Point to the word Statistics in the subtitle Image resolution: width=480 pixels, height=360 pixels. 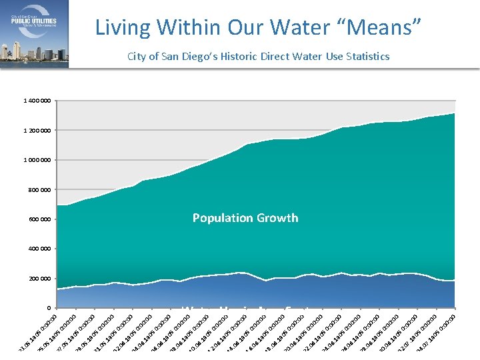(x=366, y=56)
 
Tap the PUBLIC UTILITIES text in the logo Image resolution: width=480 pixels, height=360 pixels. (x=33, y=21)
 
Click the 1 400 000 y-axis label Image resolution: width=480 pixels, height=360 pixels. (x=36, y=101)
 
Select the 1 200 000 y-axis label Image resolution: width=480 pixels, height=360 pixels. (x=36, y=131)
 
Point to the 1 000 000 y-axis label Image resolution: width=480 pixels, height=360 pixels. (x=36, y=160)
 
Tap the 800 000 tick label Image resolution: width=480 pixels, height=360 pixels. (x=39, y=190)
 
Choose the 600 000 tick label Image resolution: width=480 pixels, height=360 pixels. (x=39, y=219)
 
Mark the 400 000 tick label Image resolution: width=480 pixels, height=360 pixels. (x=39, y=249)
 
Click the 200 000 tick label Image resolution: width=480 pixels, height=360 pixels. (x=39, y=279)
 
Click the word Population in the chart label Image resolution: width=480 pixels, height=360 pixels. (x=222, y=218)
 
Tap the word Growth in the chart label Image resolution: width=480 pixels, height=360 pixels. (x=277, y=218)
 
